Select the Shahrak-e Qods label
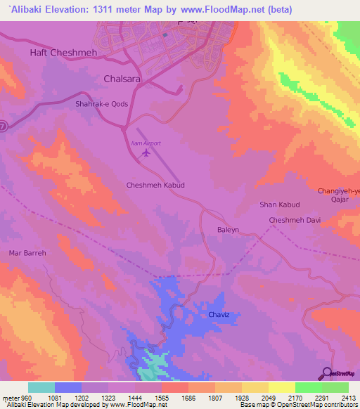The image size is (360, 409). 101,103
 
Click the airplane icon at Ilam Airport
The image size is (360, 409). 146,152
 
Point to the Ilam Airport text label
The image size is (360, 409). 146,143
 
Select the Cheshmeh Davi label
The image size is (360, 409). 295,221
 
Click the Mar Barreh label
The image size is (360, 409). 27,253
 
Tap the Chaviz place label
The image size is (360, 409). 220,314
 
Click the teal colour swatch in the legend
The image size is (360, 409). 41,388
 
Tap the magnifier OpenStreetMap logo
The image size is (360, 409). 327,373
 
